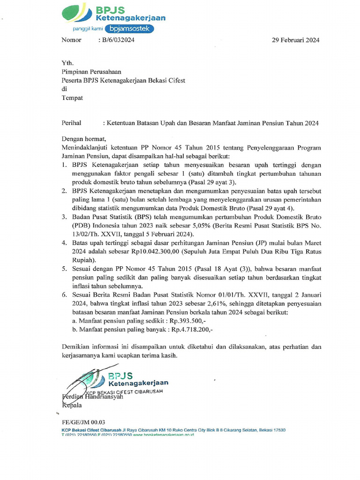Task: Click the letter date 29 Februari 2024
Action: (x=296, y=40)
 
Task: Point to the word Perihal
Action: (x=71, y=123)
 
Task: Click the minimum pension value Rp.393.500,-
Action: (x=188, y=321)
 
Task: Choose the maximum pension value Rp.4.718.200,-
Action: (x=192, y=330)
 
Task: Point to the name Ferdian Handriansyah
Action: (x=93, y=397)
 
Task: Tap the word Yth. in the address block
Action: (x=68, y=63)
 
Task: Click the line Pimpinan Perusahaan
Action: (x=92, y=72)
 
